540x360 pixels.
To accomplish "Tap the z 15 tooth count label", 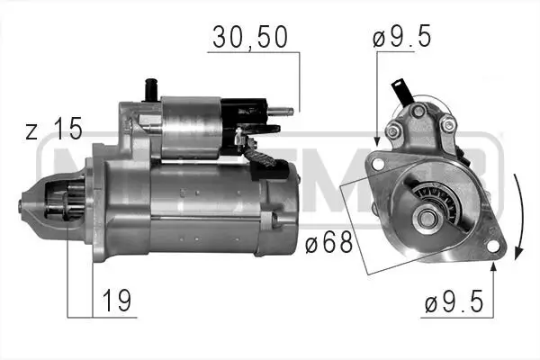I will (54, 130).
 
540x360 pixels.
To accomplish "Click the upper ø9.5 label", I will (401, 38).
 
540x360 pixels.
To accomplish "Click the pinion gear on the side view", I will (59, 203).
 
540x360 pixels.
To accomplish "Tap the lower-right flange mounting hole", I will (492, 244).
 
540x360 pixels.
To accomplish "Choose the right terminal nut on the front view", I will (447, 126).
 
